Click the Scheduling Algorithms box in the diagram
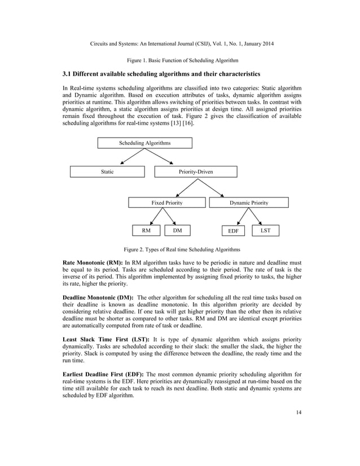tap(144, 143)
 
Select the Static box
tap(107, 172)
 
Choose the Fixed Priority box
tap(166, 202)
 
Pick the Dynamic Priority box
tap(249, 202)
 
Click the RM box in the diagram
tap(146, 231)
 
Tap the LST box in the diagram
tap(264, 231)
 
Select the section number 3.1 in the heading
tap(68, 74)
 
